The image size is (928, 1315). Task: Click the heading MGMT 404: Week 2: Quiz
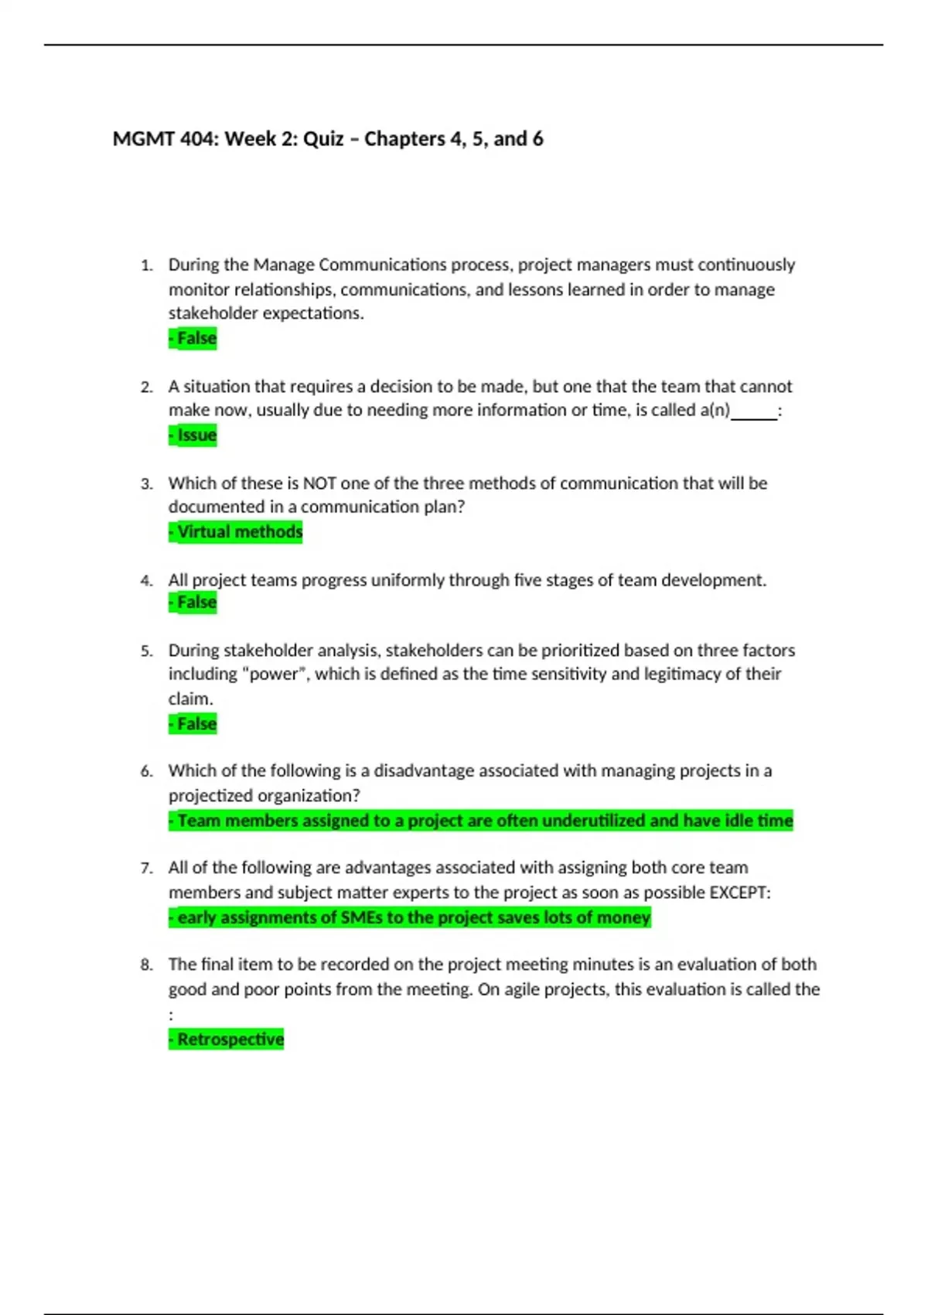coord(328,139)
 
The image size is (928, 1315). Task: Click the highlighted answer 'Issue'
coord(193,435)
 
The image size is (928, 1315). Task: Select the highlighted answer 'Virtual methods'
coord(236,532)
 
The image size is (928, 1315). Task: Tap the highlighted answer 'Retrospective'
coord(227,1040)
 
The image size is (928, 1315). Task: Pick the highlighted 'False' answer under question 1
coord(193,339)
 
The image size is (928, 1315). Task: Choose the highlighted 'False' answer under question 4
coord(193,603)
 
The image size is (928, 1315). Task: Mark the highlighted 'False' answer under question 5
coord(193,724)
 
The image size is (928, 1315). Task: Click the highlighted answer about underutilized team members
coord(481,821)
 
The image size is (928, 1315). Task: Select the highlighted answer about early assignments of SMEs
coord(410,918)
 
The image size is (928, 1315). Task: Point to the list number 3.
coord(146,484)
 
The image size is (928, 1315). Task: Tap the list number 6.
coord(146,771)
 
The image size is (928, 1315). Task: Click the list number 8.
coord(146,965)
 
